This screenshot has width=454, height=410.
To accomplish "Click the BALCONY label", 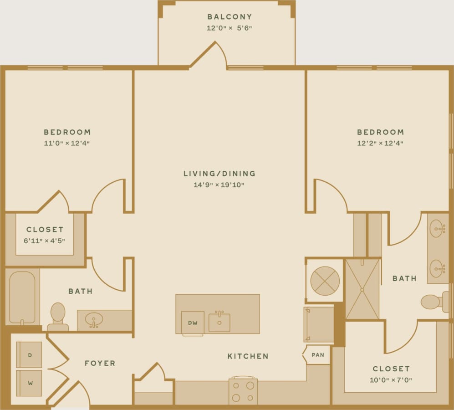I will coord(230,17).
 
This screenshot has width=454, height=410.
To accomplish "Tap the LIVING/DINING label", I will coord(219,174).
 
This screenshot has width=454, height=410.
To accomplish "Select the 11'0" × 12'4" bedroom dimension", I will coord(67,143).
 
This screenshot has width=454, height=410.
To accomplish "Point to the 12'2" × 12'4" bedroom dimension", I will coord(380,143).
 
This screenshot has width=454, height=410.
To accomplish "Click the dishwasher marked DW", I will coord(192,323).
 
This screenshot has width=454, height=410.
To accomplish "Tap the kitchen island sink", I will coord(219,322).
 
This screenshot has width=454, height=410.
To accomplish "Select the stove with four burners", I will coord(243,391).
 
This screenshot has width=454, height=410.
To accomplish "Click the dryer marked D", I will coord(29,354).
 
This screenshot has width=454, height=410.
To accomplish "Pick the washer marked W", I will coord(29,383).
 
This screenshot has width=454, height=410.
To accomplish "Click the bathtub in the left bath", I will coord(22,297).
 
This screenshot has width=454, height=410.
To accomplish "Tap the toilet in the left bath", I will coord(58,315).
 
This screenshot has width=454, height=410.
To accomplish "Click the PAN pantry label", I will coord(318,355).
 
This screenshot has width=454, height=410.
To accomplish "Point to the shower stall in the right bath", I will coord(362,289).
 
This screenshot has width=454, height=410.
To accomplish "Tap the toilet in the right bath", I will coord(433,302).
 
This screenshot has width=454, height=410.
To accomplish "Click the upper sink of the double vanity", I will coord(438,226).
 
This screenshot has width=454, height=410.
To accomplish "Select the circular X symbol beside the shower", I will coord(325,281).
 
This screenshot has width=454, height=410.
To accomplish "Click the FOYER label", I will coord(100,364).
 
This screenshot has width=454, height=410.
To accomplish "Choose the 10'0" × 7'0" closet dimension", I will coord(391,379).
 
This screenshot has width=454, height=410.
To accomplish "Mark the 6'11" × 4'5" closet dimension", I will coord(45,240).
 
